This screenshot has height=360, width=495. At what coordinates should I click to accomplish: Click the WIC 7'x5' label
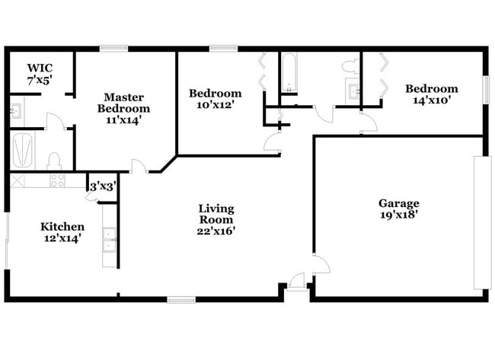click(39, 73)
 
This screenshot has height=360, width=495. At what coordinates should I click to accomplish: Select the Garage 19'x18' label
click(399, 209)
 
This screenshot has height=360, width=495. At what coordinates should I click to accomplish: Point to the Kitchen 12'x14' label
click(62, 232)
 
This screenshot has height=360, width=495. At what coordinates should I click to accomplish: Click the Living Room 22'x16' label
click(216, 220)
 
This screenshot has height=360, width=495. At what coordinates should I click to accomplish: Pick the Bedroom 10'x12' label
click(216, 100)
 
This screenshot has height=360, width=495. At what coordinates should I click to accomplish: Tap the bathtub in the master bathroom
click(23, 150)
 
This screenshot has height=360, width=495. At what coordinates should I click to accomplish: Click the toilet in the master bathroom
click(54, 161)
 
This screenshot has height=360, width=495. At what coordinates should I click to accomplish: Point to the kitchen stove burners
click(57, 180)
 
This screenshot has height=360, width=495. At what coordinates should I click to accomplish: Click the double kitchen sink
click(110, 240)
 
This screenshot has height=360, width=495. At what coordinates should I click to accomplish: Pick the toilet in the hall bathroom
click(350, 66)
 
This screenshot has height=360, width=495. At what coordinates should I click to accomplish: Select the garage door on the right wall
click(479, 222)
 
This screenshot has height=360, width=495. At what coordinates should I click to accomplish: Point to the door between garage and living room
click(319, 263)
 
